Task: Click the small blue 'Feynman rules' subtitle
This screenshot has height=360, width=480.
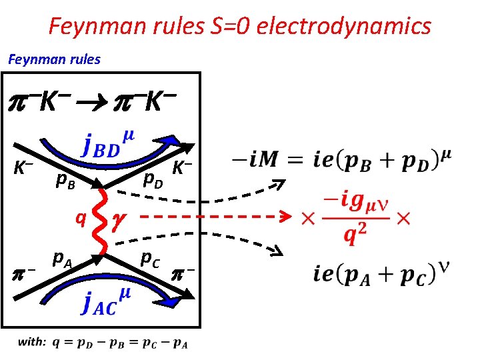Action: click(x=54, y=59)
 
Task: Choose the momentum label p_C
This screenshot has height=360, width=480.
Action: click(x=149, y=257)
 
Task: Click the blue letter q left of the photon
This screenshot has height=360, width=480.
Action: click(x=80, y=217)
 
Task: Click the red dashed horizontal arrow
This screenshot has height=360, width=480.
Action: click(x=213, y=217)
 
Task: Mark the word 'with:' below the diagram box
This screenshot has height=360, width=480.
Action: click(x=31, y=342)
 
